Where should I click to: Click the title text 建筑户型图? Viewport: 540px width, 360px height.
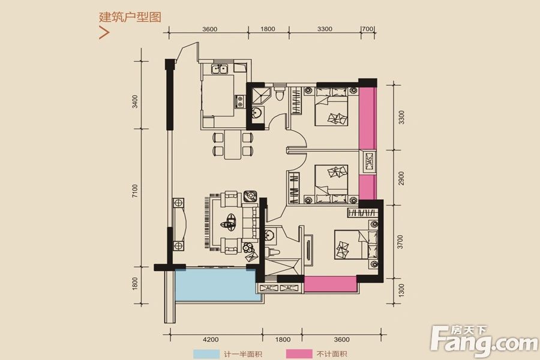point(130,17)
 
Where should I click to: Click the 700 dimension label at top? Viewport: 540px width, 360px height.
point(368,29)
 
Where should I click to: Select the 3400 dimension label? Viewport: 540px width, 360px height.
point(136,101)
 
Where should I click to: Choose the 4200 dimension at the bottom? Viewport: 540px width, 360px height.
point(209,338)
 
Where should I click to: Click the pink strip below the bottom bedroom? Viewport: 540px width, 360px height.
point(330,284)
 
